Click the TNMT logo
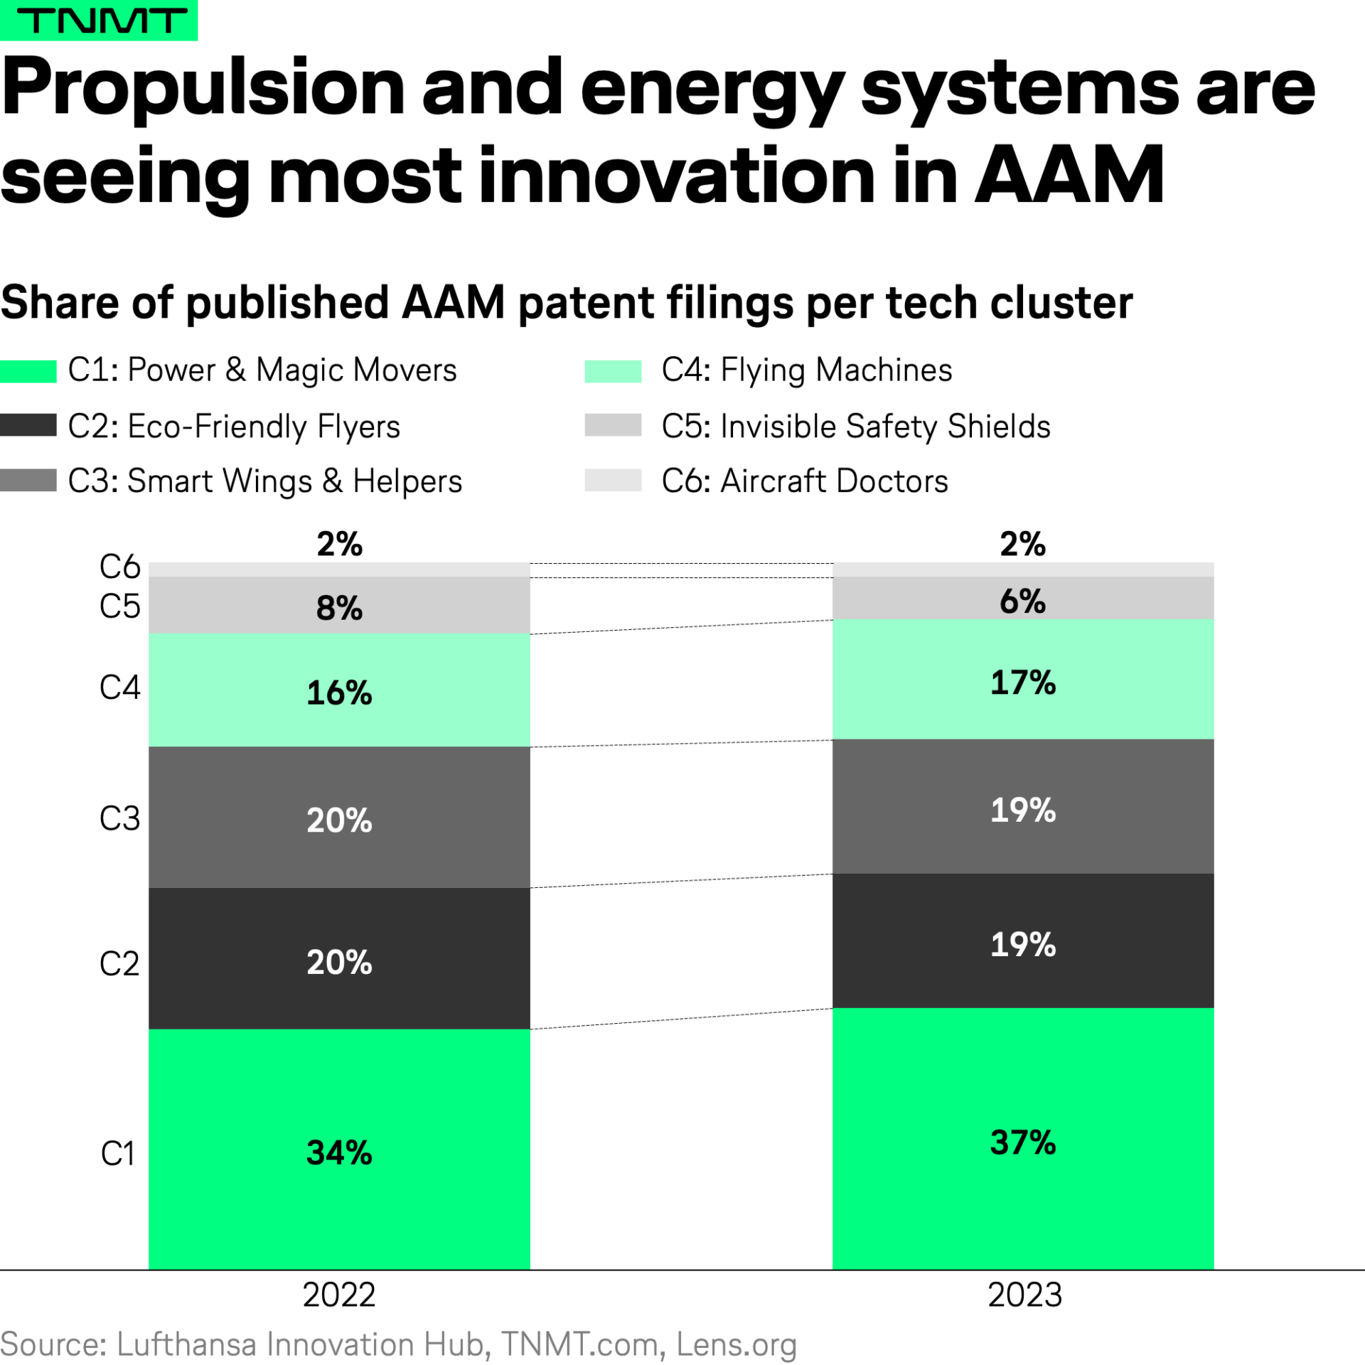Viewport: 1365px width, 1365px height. [99, 20]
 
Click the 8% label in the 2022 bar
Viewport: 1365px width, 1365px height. [339, 608]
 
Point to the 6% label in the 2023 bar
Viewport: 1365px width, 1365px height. [1022, 601]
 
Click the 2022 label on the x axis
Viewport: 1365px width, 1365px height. [339, 1295]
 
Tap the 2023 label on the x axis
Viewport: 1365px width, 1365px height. [1024, 1295]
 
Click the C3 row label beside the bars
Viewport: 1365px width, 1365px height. [119, 818]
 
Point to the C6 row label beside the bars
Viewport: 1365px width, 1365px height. [119, 567]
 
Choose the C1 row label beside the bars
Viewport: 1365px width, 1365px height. [118, 1153]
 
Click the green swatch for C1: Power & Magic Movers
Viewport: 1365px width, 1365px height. [28, 371]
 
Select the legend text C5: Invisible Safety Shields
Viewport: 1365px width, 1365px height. [855, 427]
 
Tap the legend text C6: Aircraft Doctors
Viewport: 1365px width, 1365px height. [805, 481]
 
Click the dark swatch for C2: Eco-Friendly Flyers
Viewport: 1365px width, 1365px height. [28, 425]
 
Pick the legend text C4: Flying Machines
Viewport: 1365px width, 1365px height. [806, 370]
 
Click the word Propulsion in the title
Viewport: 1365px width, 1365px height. [203, 89]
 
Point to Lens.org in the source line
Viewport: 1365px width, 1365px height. [736, 1344]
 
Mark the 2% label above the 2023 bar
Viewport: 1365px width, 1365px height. [1022, 544]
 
